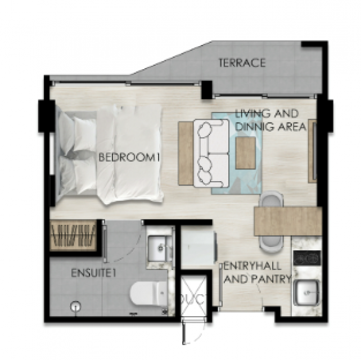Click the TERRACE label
coord(242,63)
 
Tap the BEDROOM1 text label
coord(129,157)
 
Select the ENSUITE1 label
coord(93,273)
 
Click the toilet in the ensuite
coord(148,294)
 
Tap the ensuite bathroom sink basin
coord(159,248)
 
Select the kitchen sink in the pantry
coord(307,292)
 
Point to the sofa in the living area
coord(211,153)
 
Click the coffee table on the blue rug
coord(246,153)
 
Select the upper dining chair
coord(271,199)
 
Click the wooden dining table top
coord(287,221)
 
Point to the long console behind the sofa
coord(186,153)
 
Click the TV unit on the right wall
coord(313,151)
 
